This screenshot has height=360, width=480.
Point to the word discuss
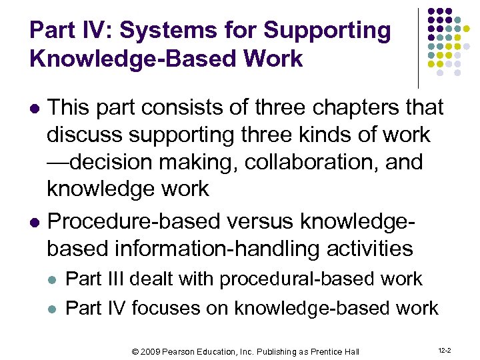click(x=85, y=134)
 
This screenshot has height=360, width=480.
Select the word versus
click(x=260, y=221)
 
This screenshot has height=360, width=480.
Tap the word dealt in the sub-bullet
click(x=152, y=279)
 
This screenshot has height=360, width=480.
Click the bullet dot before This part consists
click(x=37, y=107)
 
